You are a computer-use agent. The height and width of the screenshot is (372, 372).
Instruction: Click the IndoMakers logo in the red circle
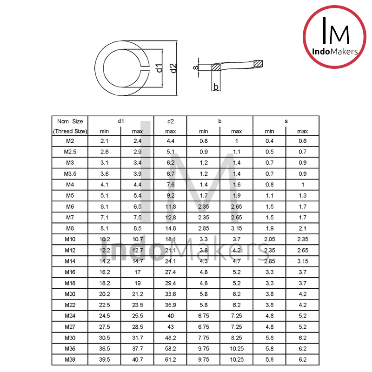point(335,37)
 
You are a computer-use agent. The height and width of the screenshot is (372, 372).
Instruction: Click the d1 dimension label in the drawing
point(159,68)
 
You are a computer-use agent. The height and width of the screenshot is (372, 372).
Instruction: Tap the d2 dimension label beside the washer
point(173,68)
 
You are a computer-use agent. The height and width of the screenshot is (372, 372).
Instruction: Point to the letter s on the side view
point(196,67)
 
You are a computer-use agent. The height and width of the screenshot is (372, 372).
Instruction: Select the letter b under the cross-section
point(216,86)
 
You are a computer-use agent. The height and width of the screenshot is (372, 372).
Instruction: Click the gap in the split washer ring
point(145,68)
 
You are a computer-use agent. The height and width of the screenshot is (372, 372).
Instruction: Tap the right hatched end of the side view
point(259,63)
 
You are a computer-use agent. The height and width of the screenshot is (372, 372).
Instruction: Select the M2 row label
point(70,141)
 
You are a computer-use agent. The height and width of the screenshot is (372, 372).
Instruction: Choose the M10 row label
point(70,239)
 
